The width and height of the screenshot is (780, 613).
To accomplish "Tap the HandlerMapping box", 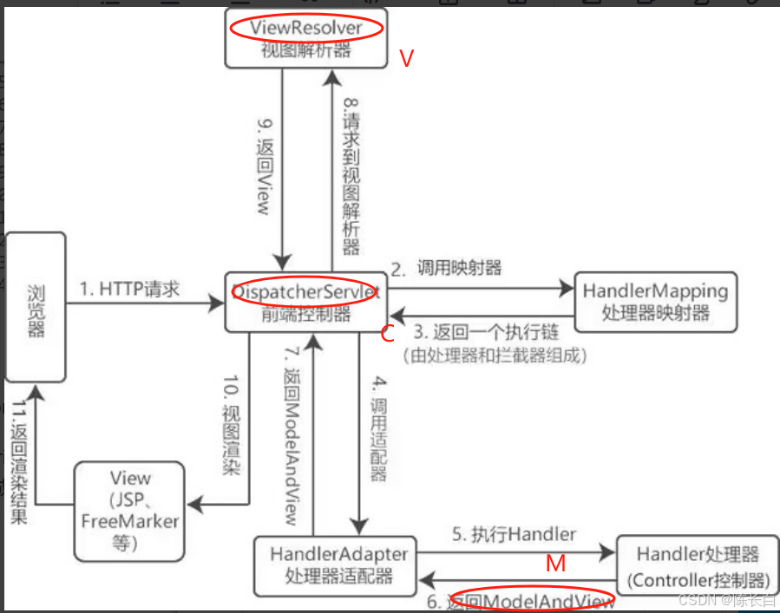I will point(655,302).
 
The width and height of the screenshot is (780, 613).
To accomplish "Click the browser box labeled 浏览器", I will point(35,307).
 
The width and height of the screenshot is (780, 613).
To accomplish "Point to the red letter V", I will point(406,59).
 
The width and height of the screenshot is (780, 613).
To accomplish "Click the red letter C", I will point(388,333).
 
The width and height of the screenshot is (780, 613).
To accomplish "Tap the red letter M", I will point(556,564).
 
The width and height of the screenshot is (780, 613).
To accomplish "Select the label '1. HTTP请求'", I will point(130,290).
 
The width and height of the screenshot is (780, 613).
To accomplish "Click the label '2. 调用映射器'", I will point(446,268).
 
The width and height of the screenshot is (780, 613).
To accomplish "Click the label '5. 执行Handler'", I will point(513,535).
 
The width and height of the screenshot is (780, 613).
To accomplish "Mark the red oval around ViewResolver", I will point(305,28).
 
